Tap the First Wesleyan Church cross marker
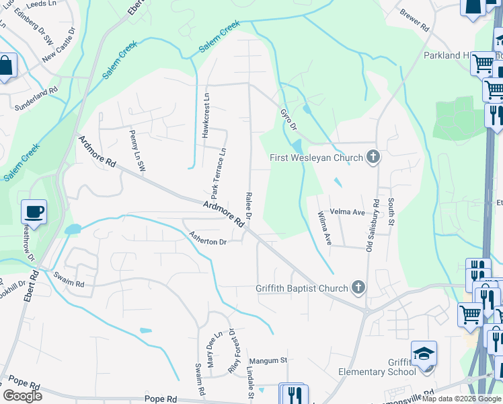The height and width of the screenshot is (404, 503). [x=373, y=158]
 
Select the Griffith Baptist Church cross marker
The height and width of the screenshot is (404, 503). [x=358, y=288]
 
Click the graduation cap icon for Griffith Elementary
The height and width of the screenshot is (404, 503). [x=424, y=353]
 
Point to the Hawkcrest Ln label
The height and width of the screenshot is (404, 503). [x=206, y=115]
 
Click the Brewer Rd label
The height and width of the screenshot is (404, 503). [x=414, y=21]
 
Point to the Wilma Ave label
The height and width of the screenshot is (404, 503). [x=325, y=228]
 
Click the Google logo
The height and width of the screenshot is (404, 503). [x=22, y=396]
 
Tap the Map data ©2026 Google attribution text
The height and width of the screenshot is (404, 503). [x=462, y=399]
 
